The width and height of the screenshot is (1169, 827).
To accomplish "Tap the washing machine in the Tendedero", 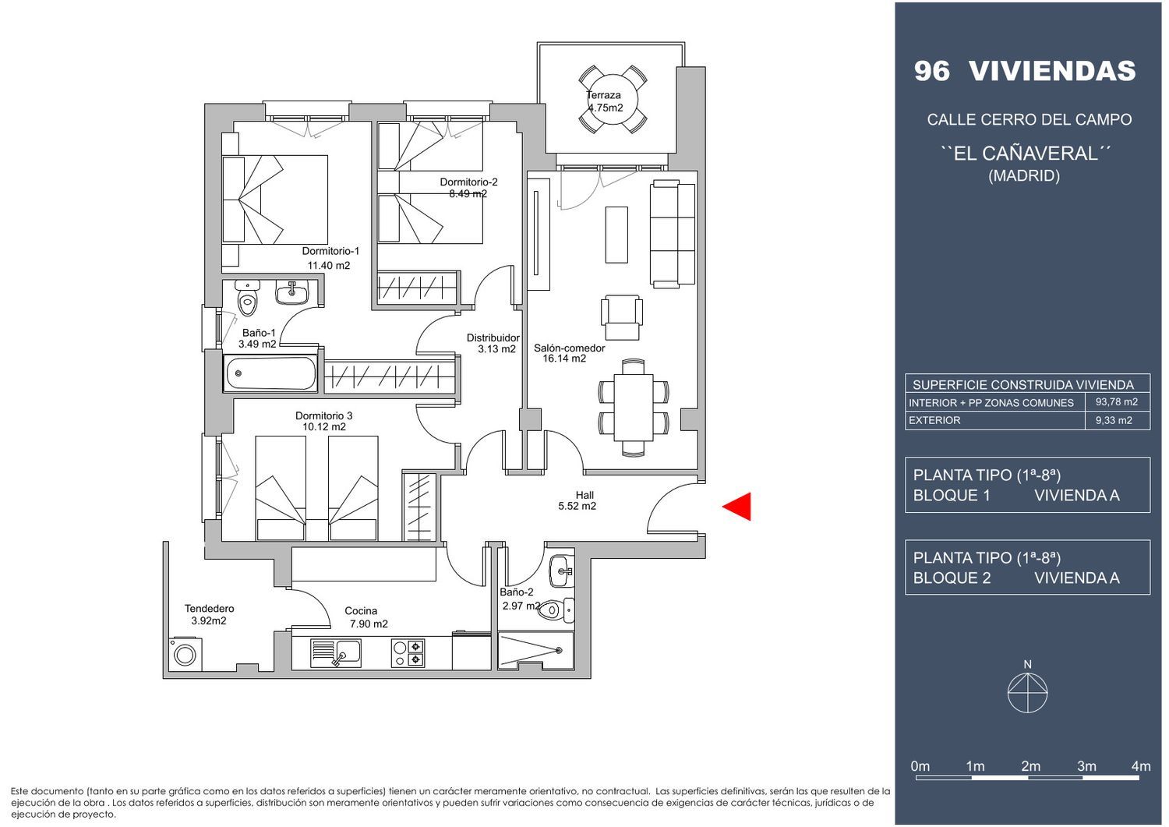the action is pos(185,654).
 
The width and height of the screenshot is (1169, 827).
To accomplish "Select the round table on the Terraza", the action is pos(613,99).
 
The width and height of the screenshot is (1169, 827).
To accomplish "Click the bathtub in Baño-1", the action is pos(270,373).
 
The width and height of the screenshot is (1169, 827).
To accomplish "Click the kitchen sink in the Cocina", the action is pos(336,653).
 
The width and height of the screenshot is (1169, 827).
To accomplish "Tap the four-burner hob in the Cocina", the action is pos(408,653).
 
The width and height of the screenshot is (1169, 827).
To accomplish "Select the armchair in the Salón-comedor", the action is pos(622,317).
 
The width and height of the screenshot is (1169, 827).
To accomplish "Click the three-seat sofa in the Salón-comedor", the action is pos(673,234).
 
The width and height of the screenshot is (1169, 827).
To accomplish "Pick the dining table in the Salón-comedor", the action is pos(634,407).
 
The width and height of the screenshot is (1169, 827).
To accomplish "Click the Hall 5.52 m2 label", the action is pos(577,500).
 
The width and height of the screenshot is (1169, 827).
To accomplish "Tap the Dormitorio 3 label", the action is pos(324,415).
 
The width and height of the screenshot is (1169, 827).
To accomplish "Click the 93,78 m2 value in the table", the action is pos(1117,402).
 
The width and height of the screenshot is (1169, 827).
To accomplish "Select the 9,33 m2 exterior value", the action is pos(1114,420).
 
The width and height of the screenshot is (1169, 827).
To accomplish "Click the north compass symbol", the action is pos(1028,693).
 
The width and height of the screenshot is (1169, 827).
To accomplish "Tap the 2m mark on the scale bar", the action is pos(1031,766).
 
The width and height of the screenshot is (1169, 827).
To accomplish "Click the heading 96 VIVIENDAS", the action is pos(1025,71).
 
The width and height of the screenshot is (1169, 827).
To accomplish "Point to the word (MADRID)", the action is pos(1024,175).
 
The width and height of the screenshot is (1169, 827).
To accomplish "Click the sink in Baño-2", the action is pos(562,571).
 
